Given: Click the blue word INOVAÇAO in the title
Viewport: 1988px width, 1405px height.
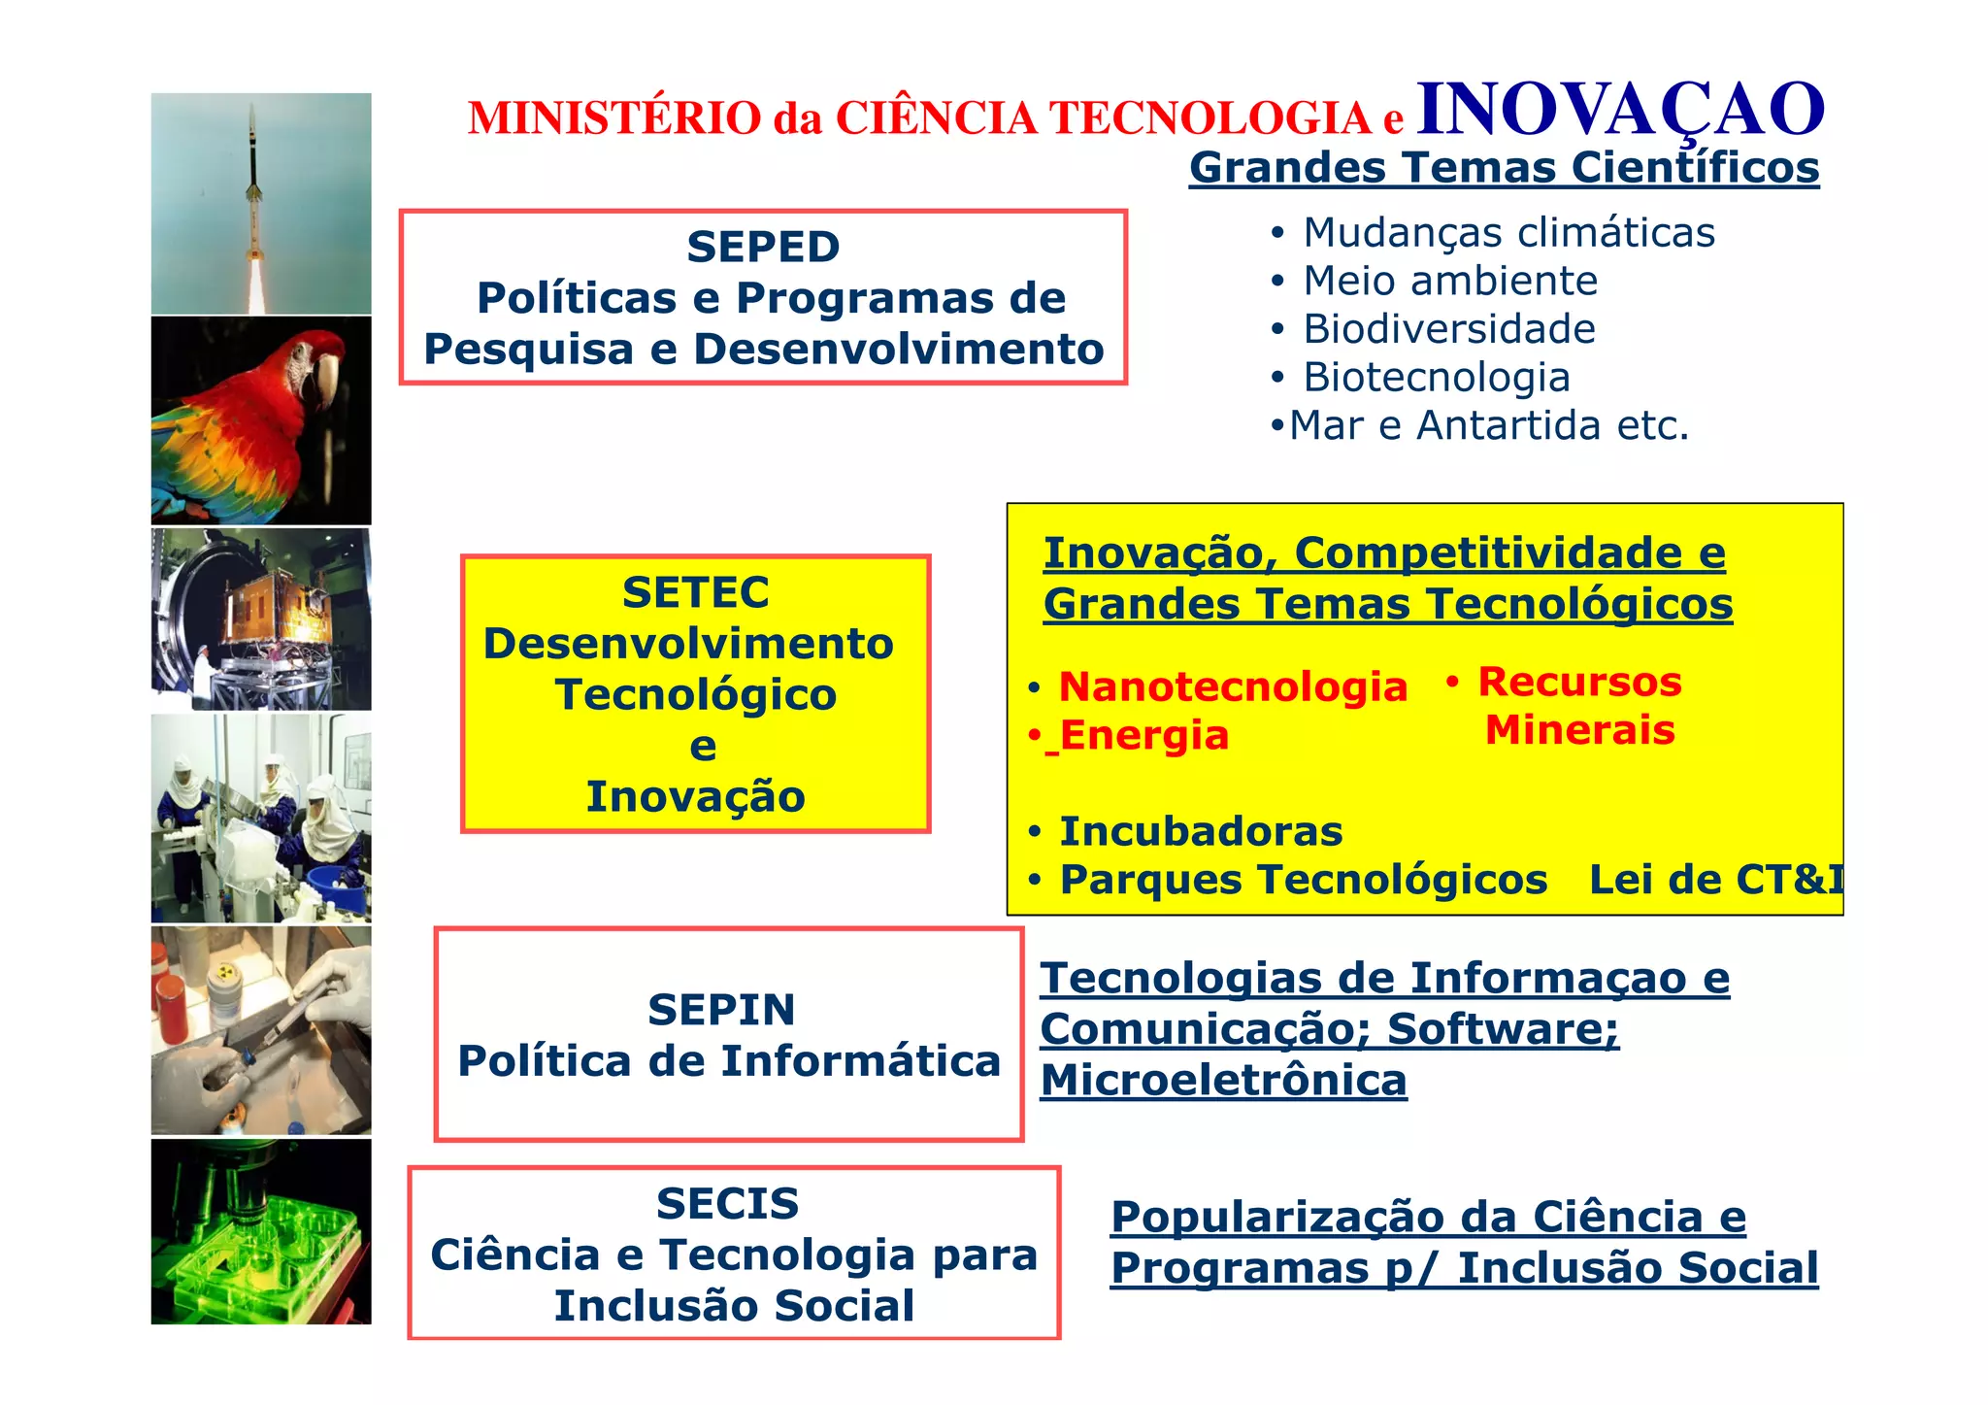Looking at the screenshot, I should (1620, 109).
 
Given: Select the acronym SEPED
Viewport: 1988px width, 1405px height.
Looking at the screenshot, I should (763, 247).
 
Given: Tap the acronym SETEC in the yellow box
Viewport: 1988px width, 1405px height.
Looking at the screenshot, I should (695, 592).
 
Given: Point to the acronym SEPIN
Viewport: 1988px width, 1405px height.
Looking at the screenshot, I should (721, 1010).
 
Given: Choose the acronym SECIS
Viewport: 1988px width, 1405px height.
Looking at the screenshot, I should (727, 1204).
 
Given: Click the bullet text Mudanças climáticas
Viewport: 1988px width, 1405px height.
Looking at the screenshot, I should (1508, 233).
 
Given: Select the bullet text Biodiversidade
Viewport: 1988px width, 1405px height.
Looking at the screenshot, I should (1448, 329).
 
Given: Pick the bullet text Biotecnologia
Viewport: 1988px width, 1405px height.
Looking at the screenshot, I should (1436, 378).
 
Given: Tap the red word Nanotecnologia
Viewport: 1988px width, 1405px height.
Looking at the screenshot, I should (1233, 686).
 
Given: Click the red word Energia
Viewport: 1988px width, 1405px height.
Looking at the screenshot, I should (1144, 735).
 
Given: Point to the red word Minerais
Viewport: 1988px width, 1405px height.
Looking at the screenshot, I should (1579, 730).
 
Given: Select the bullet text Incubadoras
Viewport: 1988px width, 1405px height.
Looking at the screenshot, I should (1201, 832).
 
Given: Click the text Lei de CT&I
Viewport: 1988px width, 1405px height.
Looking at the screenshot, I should (1715, 880).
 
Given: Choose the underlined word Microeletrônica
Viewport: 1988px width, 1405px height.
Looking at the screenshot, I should (1223, 1081).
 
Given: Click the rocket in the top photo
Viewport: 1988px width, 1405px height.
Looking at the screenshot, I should (254, 184).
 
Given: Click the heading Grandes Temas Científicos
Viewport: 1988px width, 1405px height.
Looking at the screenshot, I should (1504, 167).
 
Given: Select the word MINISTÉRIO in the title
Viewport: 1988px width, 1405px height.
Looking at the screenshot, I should (614, 118).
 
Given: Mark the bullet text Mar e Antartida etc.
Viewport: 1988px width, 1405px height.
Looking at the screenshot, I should (1488, 425).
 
